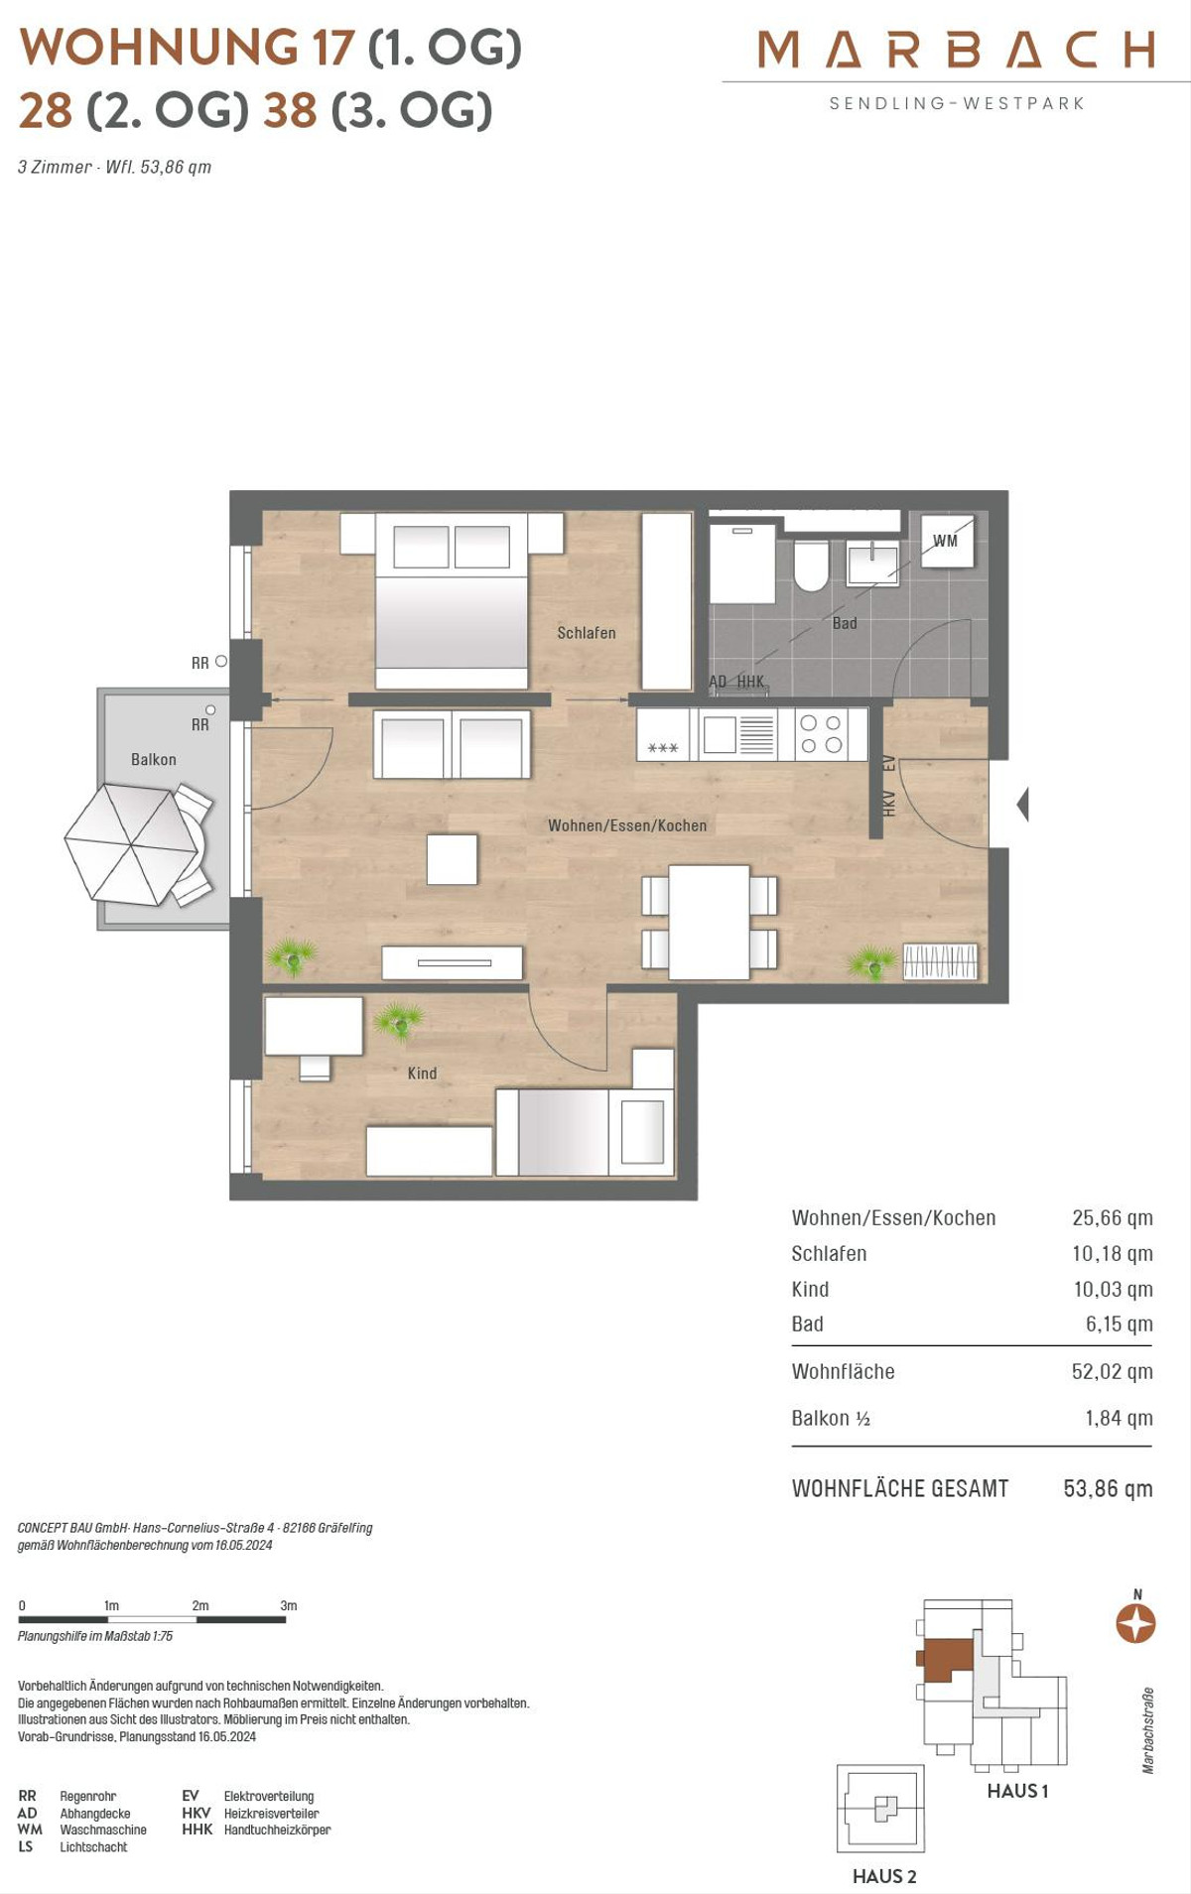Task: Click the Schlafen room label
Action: point(586,633)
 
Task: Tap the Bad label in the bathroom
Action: point(845,623)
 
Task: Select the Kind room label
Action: point(422,1073)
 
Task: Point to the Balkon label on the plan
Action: point(154,759)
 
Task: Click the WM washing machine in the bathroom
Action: point(946,541)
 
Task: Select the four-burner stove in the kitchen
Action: point(822,734)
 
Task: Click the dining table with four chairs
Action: point(709,922)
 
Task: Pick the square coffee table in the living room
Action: point(453,858)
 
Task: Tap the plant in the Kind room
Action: point(398,1021)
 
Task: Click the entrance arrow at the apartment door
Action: point(1022,804)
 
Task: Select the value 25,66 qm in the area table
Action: point(1113,1218)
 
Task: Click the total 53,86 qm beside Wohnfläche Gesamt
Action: point(1108,1488)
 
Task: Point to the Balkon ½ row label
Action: point(831,1419)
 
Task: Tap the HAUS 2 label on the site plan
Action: point(884,1876)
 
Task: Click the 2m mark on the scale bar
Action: point(200,1605)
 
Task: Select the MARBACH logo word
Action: point(957,49)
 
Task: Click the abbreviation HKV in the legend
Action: point(197,1813)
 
